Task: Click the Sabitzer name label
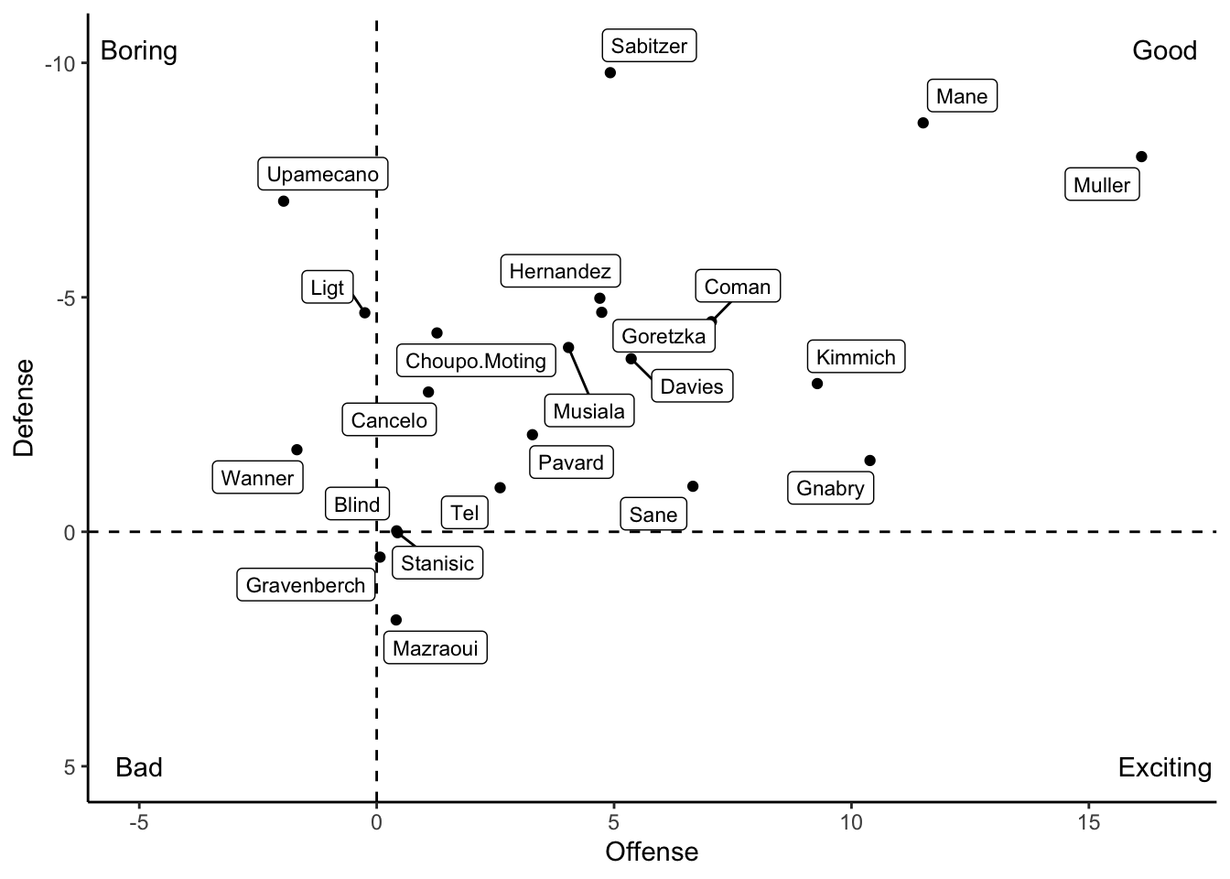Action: (649, 46)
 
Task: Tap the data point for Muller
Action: (1141, 157)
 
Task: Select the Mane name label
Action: (961, 96)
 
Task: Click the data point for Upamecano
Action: (284, 201)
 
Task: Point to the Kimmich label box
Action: (856, 357)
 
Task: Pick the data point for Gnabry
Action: (869, 461)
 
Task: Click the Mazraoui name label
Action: (435, 649)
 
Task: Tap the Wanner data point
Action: (297, 450)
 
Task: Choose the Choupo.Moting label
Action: (475, 361)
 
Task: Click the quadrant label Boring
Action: (138, 50)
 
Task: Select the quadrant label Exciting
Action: (1164, 767)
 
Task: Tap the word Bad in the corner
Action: (139, 767)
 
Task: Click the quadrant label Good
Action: (1164, 50)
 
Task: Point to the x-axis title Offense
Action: (652, 852)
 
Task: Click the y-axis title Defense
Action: (25, 407)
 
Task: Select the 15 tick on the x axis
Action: (1088, 822)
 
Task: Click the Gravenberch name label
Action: (306, 585)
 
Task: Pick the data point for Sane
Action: (693, 486)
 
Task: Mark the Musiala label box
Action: (588, 411)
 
